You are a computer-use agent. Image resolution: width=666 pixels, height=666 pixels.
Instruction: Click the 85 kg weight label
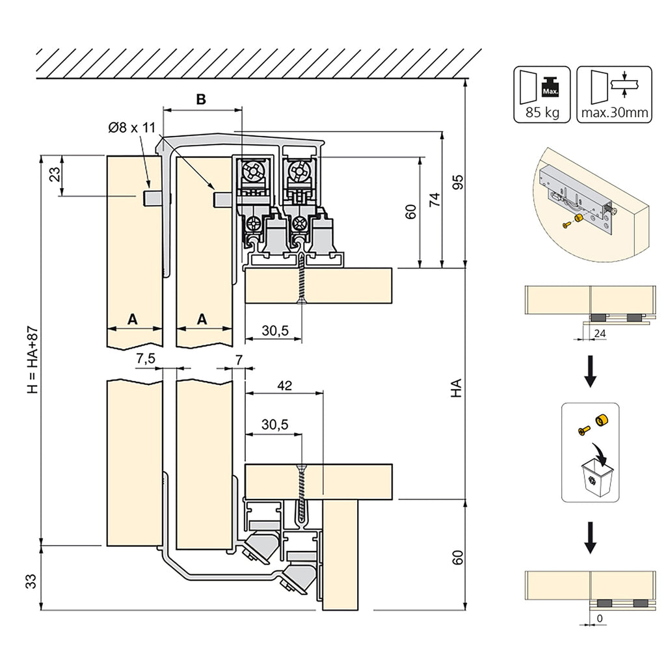pos(542,113)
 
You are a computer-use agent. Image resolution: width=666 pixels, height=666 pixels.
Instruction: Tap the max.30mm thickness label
pos(614,113)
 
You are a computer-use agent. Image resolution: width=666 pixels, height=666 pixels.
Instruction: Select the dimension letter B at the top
pos(201,100)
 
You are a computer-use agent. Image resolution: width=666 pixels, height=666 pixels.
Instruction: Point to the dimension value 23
pos(55,174)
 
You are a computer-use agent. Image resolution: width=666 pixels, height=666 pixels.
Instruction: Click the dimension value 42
pos(284,385)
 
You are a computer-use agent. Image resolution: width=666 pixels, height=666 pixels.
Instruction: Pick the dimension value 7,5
pos(146,358)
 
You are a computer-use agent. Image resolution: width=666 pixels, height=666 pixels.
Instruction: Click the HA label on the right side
pos(457,388)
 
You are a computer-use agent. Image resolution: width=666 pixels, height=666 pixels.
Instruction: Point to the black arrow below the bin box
pos(590,538)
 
